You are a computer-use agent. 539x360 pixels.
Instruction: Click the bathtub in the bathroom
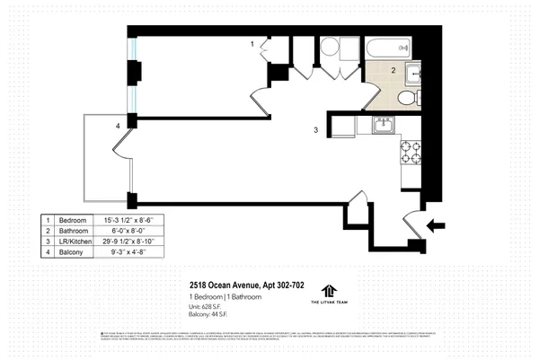(x=387, y=48)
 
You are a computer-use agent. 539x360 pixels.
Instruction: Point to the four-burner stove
(x=411, y=154)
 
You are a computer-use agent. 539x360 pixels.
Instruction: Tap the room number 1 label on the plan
(x=252, y=44)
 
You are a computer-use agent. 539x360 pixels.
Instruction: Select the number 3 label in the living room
(x=315, y=131)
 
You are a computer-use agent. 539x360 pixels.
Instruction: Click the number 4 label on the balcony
(x=118, y=127)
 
